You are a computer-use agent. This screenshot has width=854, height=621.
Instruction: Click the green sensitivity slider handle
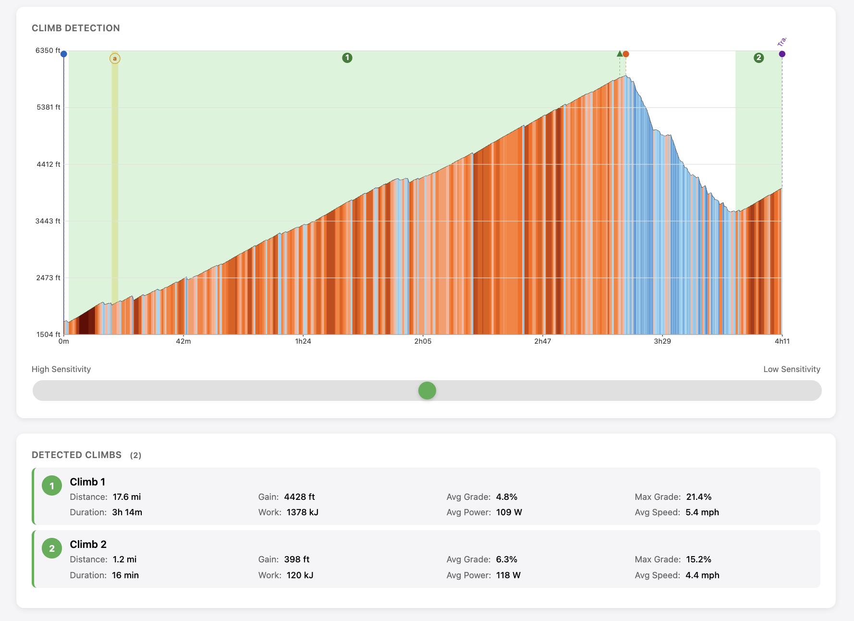tap(427, 390)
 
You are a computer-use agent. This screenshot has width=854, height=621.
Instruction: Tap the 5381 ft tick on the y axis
tap(49, 107)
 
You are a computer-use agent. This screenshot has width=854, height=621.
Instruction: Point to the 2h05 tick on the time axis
tap(423, 341)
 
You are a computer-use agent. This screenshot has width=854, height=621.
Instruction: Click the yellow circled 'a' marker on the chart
tap(115, 59)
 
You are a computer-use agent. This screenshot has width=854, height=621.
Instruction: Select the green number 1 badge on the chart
tap(347, 58)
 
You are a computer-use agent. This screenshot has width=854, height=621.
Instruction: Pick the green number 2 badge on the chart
tap(758, 58)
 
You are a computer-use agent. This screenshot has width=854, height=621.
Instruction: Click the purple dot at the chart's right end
tap(782, 54)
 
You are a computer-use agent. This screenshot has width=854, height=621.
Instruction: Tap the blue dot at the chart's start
tap(64, 54)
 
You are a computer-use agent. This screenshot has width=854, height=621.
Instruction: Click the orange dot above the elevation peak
tap(626, 54)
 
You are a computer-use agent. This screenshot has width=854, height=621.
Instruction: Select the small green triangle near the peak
tap(620, 53)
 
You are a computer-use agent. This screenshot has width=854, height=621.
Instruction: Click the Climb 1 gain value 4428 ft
tap(299, 497)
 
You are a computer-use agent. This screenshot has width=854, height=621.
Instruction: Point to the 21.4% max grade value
tap(698, 497)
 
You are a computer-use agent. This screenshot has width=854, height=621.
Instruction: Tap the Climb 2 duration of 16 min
tap(125, 575)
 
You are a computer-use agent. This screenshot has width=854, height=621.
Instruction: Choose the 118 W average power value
tap(508, 575)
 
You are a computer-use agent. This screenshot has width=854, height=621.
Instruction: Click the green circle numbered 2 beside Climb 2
tap(52, 548)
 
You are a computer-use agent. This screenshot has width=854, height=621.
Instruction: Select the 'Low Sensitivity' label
tap(792, 369)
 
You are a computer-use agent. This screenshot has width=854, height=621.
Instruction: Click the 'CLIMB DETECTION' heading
tap(76, 28)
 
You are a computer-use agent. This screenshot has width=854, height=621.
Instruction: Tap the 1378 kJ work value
tap(303, 512)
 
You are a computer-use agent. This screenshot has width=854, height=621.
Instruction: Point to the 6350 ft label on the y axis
tap(48, 50)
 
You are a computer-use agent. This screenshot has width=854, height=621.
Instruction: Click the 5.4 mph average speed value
tap(702, 512)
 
